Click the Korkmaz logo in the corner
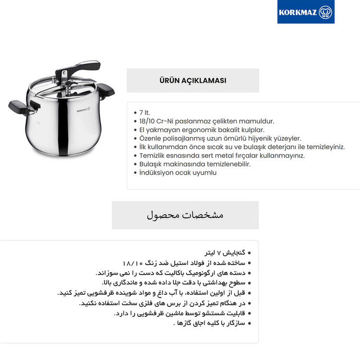point(306,12)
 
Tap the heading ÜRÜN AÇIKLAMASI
point(192,81)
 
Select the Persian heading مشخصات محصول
point(185,215)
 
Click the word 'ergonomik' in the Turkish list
point(196,130)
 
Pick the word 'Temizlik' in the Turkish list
point(154,156)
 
